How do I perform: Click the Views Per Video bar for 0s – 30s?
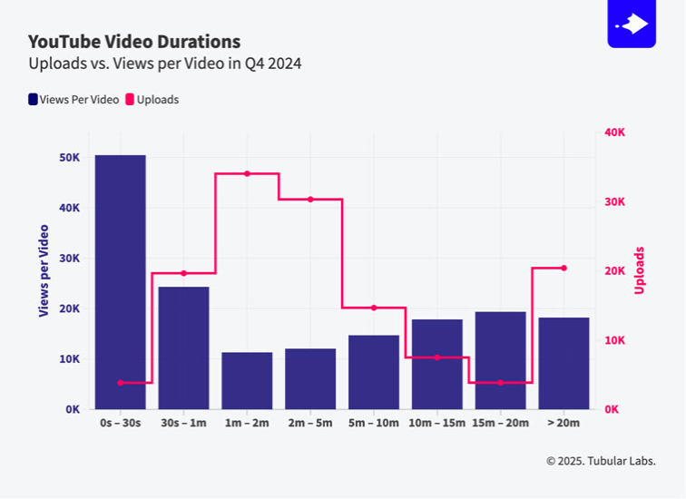pos(120,281)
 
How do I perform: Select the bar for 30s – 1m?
pos(183,347)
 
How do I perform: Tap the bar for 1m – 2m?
pos(247,380)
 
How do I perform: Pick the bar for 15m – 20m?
pos(500,360)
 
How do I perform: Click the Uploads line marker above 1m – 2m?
pos(247,173)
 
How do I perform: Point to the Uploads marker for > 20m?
pos(563,268)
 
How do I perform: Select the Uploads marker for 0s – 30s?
pos(120,383)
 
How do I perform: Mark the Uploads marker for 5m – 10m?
pos(374,308)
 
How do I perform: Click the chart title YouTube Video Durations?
pos(134,42)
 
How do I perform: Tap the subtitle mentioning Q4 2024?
pos(164,64)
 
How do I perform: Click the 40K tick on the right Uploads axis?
pos(614,132)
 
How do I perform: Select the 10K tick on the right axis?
pos(614,340)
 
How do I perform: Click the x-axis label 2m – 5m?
pos(310,423)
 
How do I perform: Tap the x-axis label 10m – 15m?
pos(436,423)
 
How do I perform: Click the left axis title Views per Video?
pos(44,270)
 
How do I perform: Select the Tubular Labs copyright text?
pos(600,461)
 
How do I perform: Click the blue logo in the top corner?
pos(631,24)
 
